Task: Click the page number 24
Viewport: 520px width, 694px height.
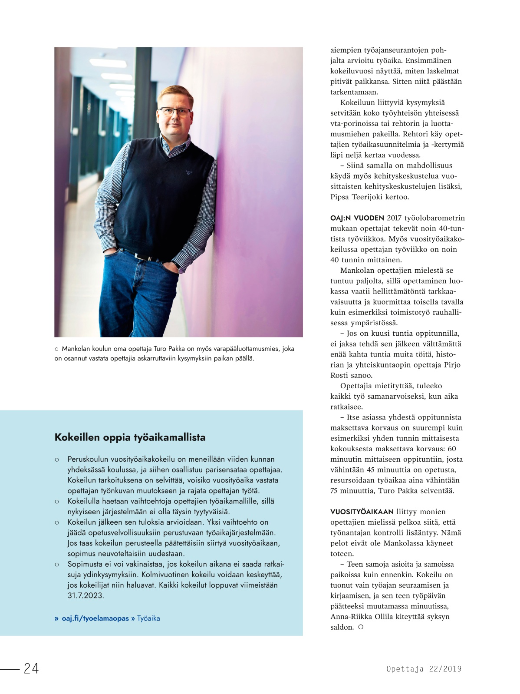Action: click(31, 668)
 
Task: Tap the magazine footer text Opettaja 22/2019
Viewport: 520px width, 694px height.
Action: click(424, 669)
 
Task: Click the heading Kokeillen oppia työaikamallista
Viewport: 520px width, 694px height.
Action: click(130, 437)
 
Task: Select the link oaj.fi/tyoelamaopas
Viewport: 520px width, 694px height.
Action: click(95, 618)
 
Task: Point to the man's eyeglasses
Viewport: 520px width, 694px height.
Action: click(174, 112)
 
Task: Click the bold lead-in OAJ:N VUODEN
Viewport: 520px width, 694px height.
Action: click(357, 218)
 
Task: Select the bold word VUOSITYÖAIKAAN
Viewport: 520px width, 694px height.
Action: click(362, 512)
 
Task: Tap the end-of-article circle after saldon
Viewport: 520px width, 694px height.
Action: click(361, 627)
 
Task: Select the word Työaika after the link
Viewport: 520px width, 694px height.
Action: click(148, 618)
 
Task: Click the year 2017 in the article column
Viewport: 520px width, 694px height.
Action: click(394, 218)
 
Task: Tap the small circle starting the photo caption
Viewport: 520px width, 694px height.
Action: click(56, 349)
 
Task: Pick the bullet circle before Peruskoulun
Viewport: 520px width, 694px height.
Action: click(57, 459)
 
